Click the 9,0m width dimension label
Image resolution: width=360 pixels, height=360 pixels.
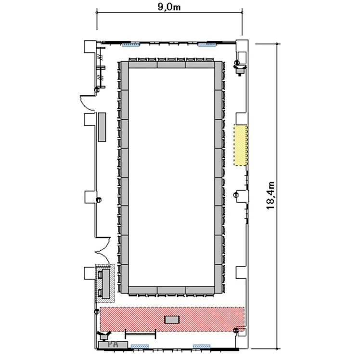click(x=169, y=7)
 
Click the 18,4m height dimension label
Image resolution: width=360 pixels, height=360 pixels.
click(x=270, y=195)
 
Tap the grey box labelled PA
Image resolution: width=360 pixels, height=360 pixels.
click(x=113, y=345)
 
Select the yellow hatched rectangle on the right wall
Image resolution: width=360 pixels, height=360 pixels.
click(x=240, y=145)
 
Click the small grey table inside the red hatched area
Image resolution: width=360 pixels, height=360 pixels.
click(x=172, y=320)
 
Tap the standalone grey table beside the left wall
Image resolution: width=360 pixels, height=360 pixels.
click(x=102, y=127)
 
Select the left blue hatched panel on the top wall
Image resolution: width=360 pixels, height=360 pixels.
click(x=130, y=45)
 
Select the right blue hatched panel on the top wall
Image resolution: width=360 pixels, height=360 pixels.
click(x=207, y=45)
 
